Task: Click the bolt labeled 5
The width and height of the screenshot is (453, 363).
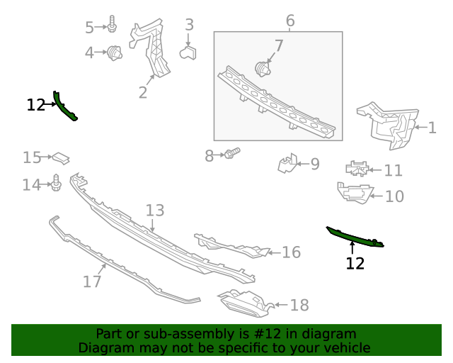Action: (x=113, y=26)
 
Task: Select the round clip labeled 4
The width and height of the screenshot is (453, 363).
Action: (x=115, y=52)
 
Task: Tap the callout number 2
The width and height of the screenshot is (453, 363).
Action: (x=143, y=92)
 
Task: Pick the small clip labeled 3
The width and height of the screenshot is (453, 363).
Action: (x=188, y=54)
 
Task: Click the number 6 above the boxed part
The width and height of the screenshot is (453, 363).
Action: (x=290, y=20)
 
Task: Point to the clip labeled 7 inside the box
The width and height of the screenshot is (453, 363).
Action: (x=263, y=69)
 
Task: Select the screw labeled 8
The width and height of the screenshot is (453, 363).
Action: (x=232, y=153)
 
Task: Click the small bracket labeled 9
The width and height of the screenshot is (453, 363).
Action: (x=287, y=164)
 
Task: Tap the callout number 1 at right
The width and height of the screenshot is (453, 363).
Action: (x=432, y=128)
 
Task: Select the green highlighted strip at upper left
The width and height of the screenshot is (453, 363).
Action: (x=65, y=107)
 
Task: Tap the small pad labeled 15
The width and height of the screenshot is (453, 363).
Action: (x=62, y=157)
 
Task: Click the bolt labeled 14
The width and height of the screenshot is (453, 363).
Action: (x=57, y=184)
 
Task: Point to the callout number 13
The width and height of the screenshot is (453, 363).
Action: (x=155, y=211)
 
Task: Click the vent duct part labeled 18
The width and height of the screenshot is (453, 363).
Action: (x=244, y=303)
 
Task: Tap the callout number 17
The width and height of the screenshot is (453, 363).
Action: (x=92, y=281)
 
